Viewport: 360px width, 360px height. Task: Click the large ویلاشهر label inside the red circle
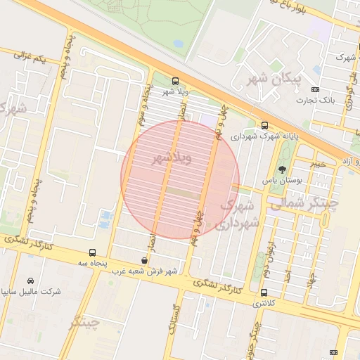[x=172, y=159]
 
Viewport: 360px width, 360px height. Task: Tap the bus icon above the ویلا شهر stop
[x=175, y=81]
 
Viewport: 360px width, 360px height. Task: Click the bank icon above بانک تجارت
[x=314, y=89]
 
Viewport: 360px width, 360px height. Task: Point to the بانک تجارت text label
[x=319, y=101]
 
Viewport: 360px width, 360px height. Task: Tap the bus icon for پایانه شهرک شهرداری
[x=264, y=125]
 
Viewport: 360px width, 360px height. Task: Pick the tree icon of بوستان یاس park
[x=282, y=169]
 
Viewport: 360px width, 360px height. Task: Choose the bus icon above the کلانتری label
[x=264, y=292]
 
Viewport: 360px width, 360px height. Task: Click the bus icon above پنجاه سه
[x=92, y=252]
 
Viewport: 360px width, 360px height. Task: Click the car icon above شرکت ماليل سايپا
[x=30, y=280]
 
